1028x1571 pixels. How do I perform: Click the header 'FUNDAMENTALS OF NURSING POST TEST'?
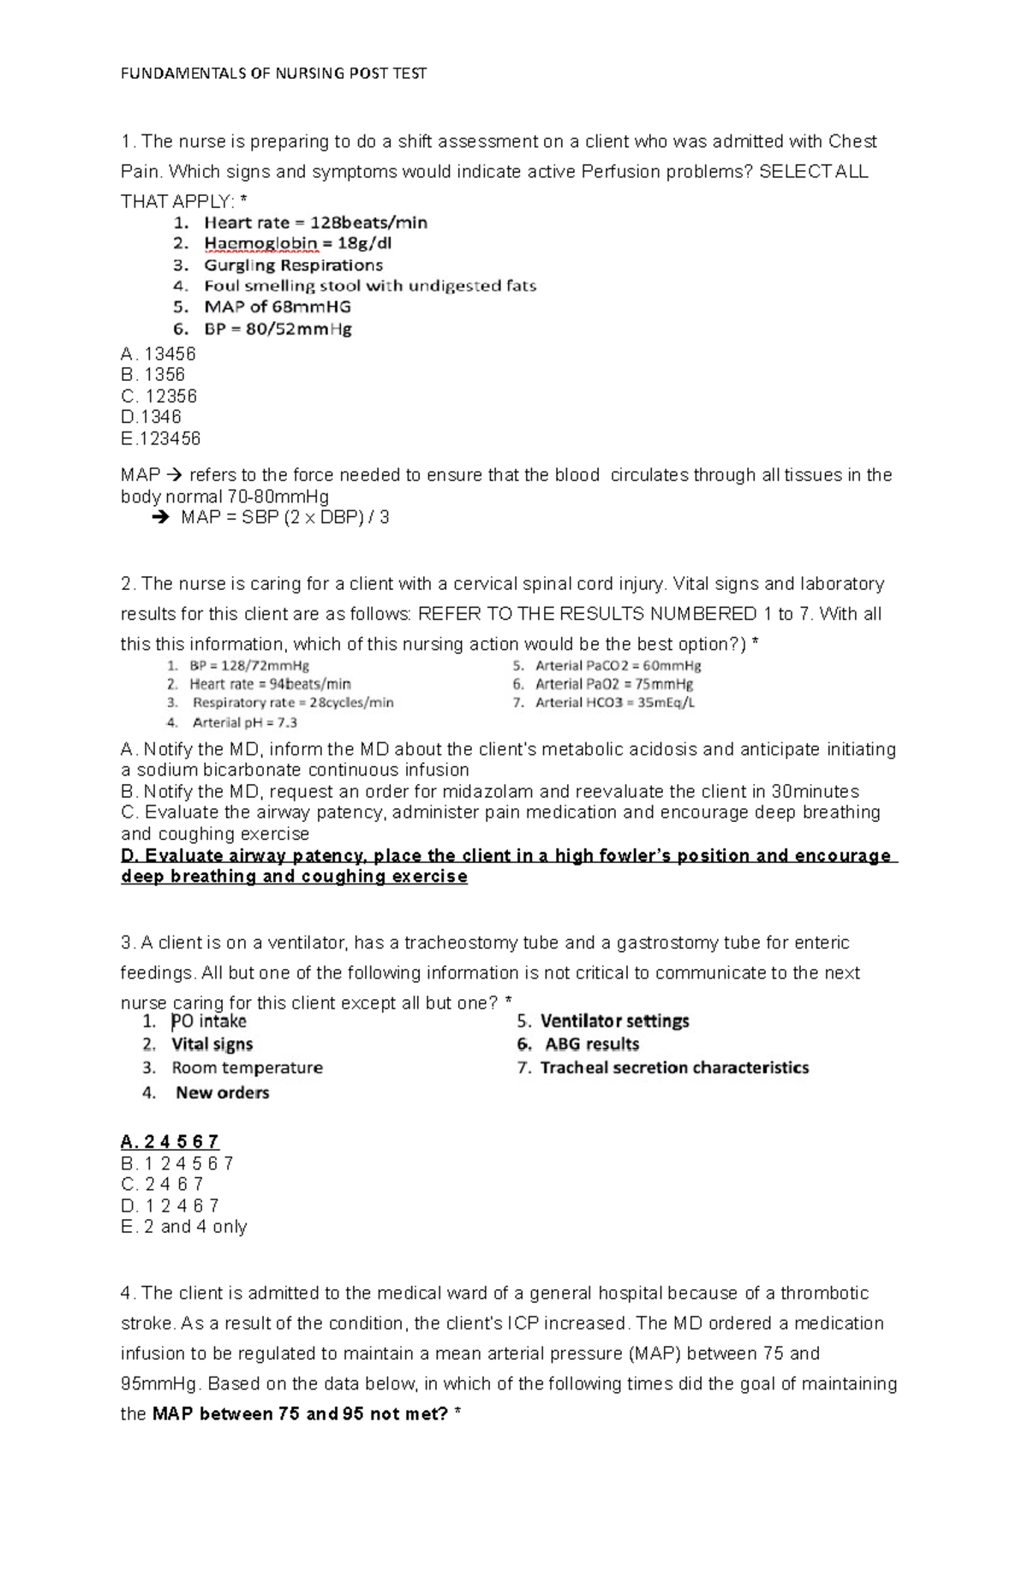[273, 74]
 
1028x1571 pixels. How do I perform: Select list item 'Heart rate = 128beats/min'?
[315, 223]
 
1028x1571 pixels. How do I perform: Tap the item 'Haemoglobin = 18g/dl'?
[297, 243]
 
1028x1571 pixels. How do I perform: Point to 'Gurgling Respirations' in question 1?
[293, 265]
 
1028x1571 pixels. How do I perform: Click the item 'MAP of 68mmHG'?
[277, 306]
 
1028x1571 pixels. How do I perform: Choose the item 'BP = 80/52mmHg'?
[278, 329]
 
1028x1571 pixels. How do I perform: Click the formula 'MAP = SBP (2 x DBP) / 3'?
[284, 517]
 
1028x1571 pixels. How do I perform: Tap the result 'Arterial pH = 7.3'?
[244, 722]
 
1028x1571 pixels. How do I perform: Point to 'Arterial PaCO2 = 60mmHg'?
[618, 665]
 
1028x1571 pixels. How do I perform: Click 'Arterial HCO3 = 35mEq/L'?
[614, 703]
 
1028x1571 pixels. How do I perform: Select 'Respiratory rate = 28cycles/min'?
[292, 703]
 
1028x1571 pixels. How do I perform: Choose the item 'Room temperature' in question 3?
[247, 1068]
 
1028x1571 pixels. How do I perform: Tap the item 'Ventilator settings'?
[614, 1021]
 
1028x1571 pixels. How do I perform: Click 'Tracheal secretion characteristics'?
[674, 1068]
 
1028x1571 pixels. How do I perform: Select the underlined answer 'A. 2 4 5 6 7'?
[170, 1141]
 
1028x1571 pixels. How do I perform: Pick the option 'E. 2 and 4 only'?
[184, 1227]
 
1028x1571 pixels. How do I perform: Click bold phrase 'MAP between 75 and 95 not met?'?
[300, 1414]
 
